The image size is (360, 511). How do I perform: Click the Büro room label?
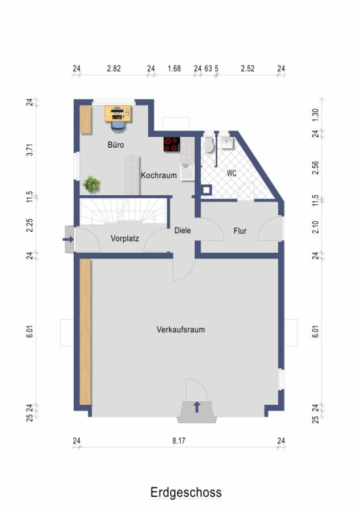point(116,144)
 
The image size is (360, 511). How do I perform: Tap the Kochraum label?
point(158,175)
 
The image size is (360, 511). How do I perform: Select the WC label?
point(231,173)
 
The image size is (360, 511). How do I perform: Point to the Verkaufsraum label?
point(181,329)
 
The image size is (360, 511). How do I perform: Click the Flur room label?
point(240,231)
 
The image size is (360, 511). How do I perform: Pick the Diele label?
point(182,230)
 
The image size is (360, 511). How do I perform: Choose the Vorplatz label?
point(125,238)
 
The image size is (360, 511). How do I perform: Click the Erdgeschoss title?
point(186,492)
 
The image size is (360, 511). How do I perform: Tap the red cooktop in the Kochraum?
point(171,144)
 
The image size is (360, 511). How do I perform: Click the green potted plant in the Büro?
point(91,184)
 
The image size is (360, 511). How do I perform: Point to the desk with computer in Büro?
point(118,114)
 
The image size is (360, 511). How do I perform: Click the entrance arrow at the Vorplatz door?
point(68,240)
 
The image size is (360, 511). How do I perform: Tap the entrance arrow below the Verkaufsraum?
point(197,407)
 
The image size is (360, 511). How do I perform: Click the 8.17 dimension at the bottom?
point(178,441)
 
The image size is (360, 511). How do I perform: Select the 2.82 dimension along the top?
point(114,69)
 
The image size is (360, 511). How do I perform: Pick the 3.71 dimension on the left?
point(30,149)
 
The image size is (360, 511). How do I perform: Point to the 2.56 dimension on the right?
point(315,167)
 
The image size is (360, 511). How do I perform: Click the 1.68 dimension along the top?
point(174,69)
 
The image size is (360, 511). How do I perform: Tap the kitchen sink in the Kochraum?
point(187,171)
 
